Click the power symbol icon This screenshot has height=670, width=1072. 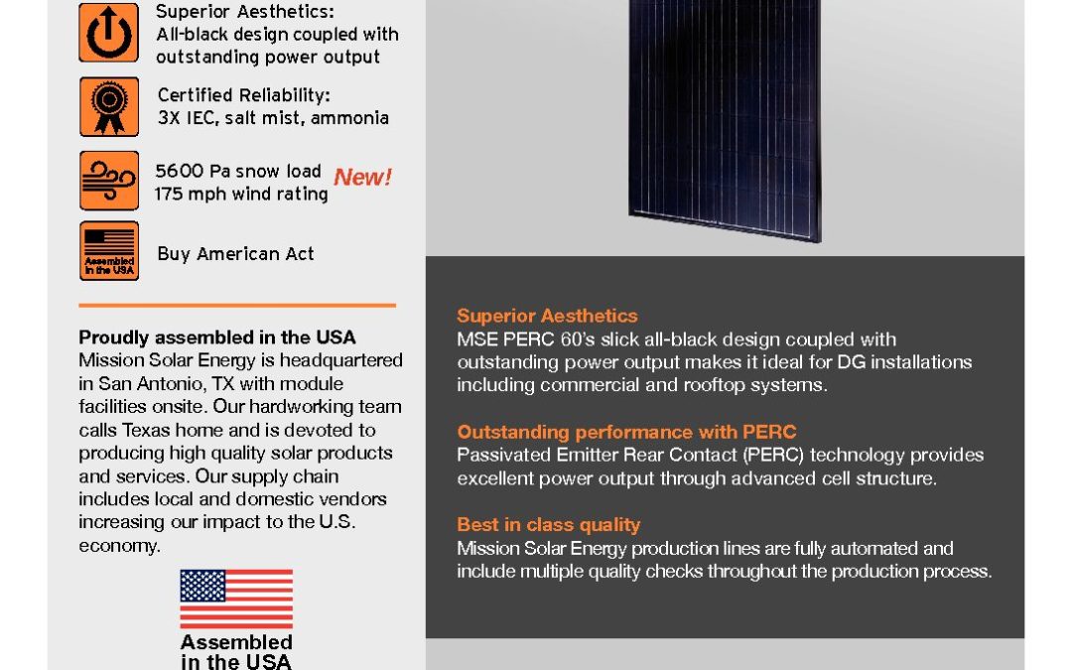click(x=109, y=32)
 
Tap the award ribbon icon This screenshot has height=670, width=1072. click(x=109, y=106)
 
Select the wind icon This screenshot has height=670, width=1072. click(x=109, y=181)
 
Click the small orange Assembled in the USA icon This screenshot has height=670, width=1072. click(x=109, y=250)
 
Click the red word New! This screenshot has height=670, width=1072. click(x=362, y=177)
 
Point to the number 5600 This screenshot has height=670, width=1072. click(x=180, y=171)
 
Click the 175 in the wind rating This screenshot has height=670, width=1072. click(x=168, y=195)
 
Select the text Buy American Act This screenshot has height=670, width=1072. click(x=235, y=254)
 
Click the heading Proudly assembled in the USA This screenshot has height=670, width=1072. click(x=216, y=337)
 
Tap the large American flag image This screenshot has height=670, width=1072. click(x=236, y=599)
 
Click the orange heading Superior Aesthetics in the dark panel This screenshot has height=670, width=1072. click(x=547, y=316)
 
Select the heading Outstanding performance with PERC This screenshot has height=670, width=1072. click(x=626, y=432)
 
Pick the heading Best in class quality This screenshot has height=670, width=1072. click(x=548, y=524)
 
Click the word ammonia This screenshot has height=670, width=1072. click(x=349, y=118)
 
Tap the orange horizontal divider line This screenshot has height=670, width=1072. click(x=237, y=305)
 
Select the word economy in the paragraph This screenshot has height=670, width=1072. click(x=118, y=546)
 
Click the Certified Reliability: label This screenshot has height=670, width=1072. click(x=244, y=95)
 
